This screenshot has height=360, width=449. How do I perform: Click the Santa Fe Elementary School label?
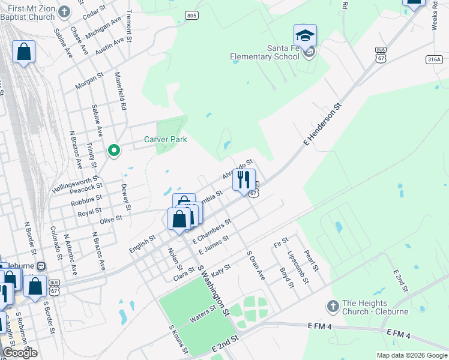point(265,52)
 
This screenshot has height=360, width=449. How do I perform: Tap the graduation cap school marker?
point(305,35)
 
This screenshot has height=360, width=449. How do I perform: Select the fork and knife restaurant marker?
point(244,179)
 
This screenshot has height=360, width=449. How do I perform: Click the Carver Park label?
point(165,139)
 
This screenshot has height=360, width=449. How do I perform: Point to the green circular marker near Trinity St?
point(113,150)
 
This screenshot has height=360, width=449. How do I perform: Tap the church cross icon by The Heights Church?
point(333,307)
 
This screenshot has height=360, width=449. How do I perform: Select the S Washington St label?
point(214,293)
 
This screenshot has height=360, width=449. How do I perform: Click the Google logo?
point(20,353)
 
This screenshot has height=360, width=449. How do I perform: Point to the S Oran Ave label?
point(256,265)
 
